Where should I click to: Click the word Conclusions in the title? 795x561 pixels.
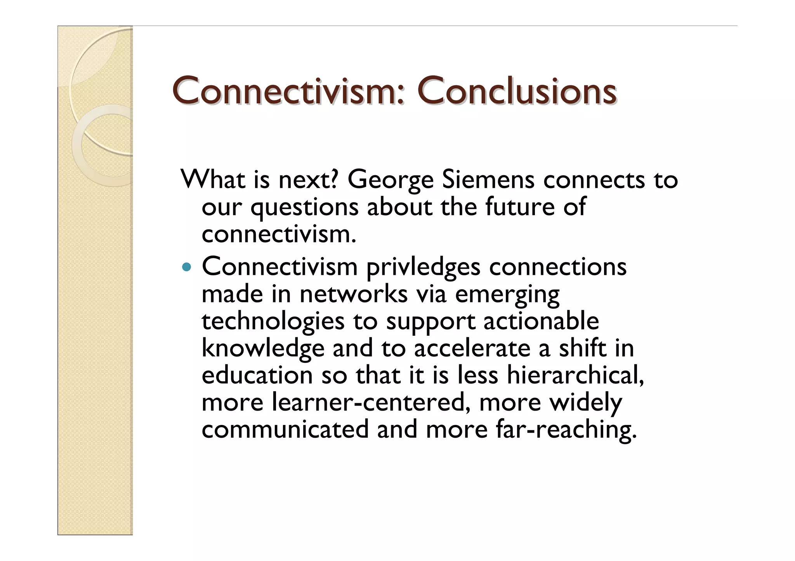(x=516, y=91)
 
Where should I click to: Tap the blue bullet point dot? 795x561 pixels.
(x=187, y=267)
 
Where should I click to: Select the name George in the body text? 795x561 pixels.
(x=390, y=180)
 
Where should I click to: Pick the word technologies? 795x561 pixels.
(x=273, y=322)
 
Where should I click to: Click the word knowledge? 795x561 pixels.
(x=263, y=349)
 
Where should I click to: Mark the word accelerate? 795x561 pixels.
(x=472, y=348)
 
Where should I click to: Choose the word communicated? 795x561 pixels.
(x=285, y=430)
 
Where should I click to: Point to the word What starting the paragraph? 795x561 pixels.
(x=213, y=180)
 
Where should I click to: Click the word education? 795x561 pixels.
(x=257, y=375)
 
